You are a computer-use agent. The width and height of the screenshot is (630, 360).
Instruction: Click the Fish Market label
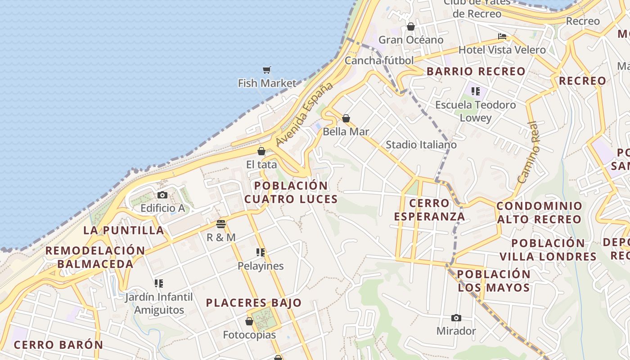(x=267, y=83)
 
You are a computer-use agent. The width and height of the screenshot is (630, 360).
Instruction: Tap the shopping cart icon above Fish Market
(x=267, y=70)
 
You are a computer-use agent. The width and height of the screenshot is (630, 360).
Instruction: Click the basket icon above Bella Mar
(x=346, y=118)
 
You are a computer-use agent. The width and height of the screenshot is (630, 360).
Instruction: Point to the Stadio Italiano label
(x=421, y=145)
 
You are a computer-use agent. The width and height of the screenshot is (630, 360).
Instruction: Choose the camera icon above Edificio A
(x=162, y=195)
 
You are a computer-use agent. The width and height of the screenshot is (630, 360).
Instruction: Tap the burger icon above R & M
(x=220, y=224)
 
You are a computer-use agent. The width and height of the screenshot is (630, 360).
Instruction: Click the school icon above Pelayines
(x=261, y=252)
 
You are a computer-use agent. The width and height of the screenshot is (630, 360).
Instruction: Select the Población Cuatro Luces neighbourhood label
(x=291, y=192)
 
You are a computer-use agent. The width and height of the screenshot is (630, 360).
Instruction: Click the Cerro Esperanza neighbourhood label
(x=429, y=210)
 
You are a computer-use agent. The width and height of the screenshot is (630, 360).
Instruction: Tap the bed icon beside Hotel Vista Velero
(x=502, y=36)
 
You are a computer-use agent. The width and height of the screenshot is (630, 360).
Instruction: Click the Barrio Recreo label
(x=476, y=72)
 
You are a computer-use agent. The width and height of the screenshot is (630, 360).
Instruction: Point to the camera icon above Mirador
(x=456, y=318)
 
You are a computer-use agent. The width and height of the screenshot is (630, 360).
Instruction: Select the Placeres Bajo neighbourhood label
(x=254, y=303)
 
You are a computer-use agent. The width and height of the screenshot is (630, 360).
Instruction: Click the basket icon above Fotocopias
(x=249, y=321)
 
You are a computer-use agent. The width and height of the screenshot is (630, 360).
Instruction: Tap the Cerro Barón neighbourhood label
(x=58, y=345)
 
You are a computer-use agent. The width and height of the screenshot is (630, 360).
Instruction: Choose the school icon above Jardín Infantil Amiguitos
(x=158, y=283)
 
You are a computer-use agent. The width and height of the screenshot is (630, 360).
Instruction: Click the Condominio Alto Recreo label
(x=539, y=213)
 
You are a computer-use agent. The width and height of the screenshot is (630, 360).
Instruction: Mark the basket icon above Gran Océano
(x=410, y=27)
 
